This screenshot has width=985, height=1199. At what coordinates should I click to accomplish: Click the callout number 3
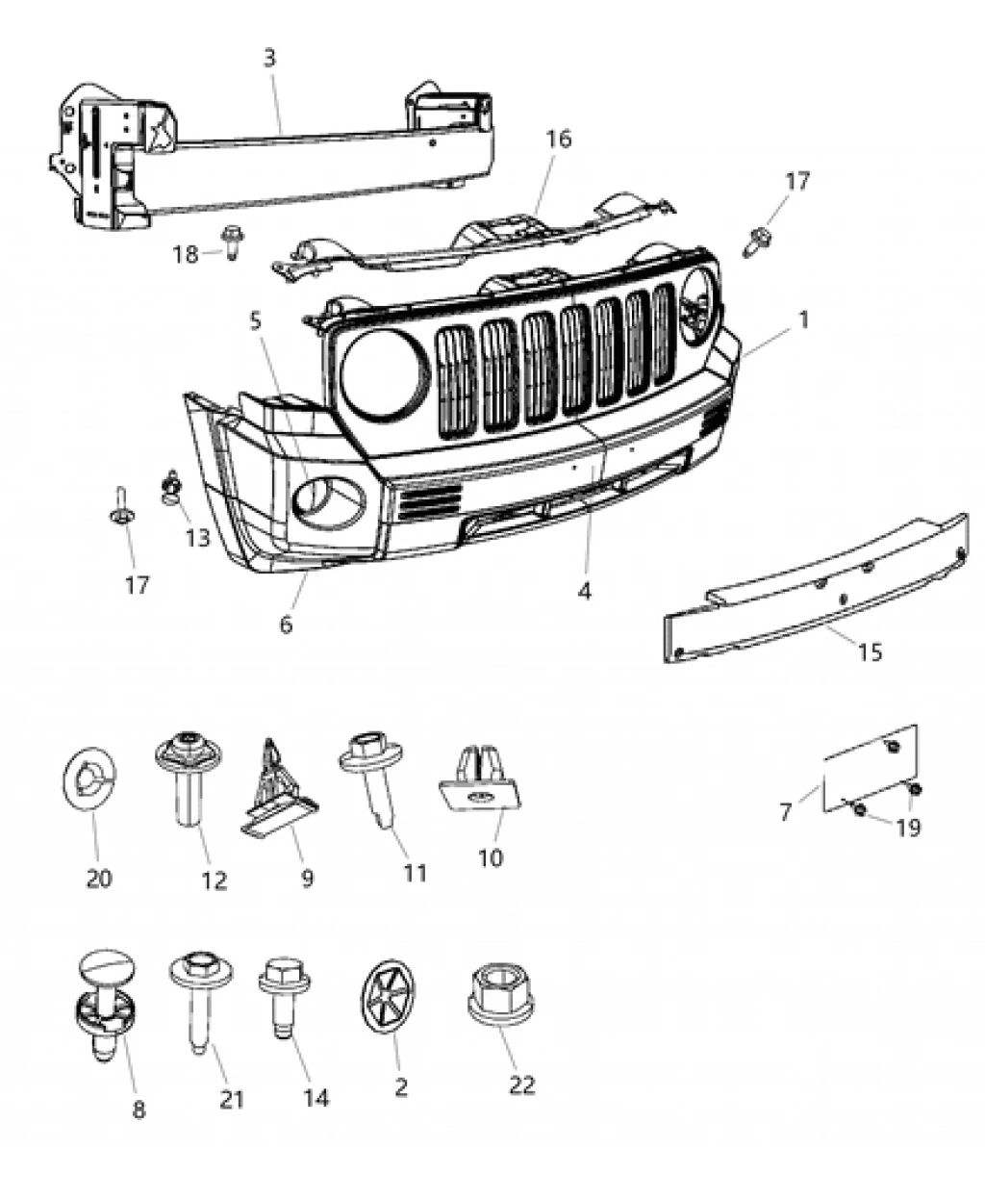269,59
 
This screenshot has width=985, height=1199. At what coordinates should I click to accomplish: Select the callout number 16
559,139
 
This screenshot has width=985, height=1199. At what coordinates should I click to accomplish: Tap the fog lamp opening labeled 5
330,497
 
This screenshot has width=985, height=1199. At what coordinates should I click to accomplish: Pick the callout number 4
584,591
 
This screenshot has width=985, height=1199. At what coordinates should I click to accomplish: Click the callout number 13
197,538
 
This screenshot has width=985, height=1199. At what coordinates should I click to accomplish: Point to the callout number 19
907,827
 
